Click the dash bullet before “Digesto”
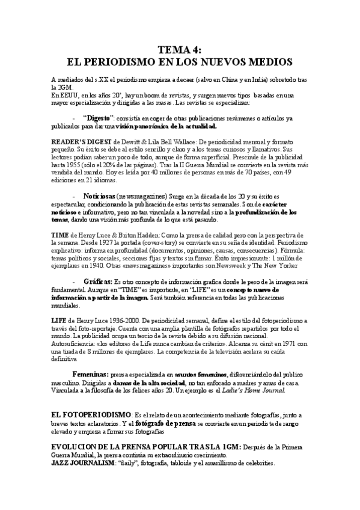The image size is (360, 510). click(73, 119)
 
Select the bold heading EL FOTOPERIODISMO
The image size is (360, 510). click(91, 415)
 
